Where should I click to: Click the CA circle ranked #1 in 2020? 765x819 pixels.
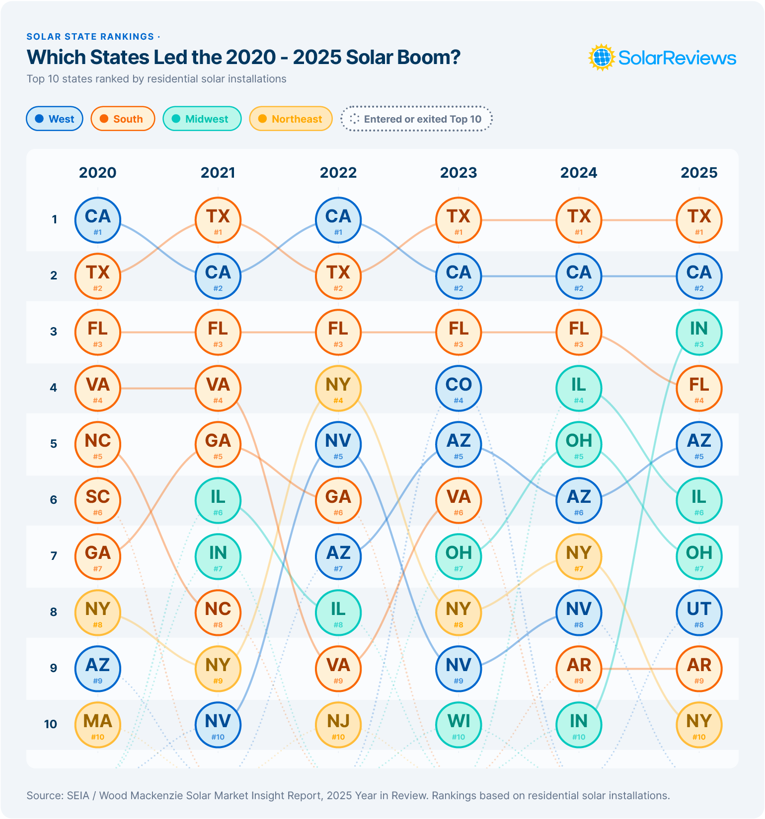98,220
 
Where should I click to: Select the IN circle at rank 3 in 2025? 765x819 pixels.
699,332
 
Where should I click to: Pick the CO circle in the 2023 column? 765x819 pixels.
459,388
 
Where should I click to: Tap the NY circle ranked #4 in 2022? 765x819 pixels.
338,388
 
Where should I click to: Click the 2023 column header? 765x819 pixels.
459,173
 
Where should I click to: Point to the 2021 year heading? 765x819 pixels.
218,173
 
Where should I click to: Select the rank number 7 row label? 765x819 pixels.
54,556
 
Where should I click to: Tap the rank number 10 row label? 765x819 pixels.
51,724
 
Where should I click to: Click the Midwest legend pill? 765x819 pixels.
202,119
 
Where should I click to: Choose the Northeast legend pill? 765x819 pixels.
291,119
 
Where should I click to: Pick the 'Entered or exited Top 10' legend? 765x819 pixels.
416,119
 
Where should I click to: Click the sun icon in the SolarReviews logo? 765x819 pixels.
602,58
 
